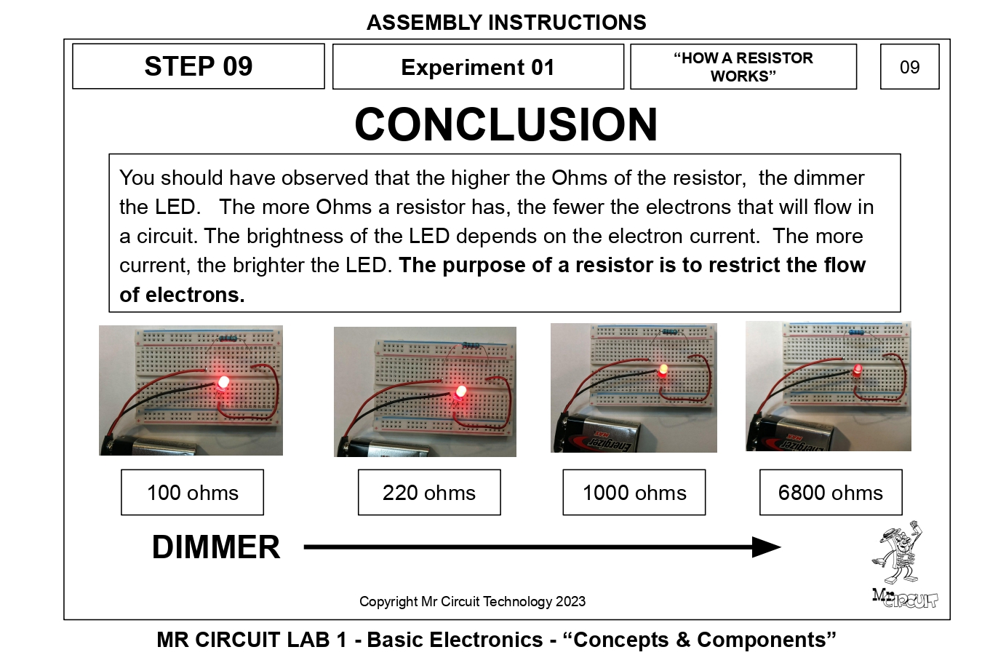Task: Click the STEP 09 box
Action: point(198,66)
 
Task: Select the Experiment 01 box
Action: point(478,67)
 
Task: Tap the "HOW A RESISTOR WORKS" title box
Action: point(743,67)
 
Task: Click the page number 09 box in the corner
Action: point(909,67)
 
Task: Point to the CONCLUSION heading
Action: point(506,124)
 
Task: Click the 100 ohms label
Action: point(192,493)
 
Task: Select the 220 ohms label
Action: point(429,493)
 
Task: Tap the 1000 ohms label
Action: point(634,493)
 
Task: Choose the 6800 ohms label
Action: point(831,493)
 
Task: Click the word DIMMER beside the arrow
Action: point(215,547)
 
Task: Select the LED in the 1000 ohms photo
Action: point(663,370)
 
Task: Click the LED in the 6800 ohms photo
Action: point(858,370)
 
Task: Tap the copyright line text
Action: point(472,601)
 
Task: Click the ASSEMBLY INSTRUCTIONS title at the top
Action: point(506,23)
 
